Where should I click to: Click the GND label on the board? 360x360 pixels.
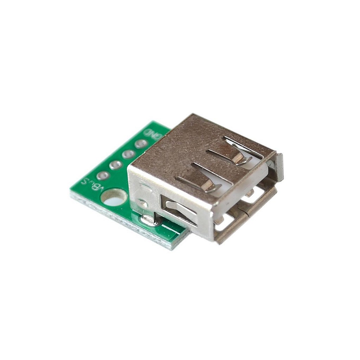point(152,134)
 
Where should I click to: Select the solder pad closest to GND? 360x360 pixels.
point(141,143)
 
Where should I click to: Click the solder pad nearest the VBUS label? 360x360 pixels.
point(103,175)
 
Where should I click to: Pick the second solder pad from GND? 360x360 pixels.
point(128,154)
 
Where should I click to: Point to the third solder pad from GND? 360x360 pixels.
point(116,165)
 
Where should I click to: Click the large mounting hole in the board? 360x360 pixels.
point(114,197)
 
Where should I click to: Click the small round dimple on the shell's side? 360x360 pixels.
point(142,203)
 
